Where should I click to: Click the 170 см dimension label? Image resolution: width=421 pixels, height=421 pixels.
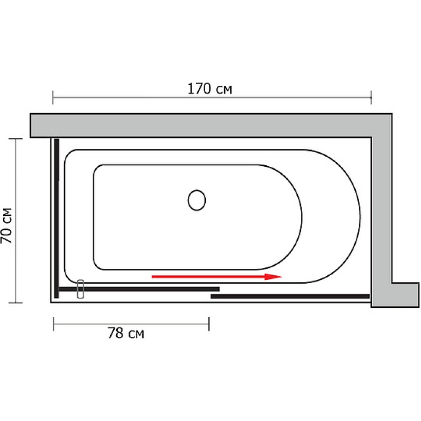pyautogui.click(x=209, y=88)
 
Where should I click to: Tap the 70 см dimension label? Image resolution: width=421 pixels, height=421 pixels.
pyautogui.click(x=6, y=226)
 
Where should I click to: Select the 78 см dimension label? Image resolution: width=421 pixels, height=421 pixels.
pyautogui.click(x=126, y=333)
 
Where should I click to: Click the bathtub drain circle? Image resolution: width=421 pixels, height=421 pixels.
pyautogui.click(x=197, y=200)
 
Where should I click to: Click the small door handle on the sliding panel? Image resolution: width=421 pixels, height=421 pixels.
pyautogui.click(x=81, y=289)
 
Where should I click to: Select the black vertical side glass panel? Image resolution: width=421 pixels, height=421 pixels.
pyautogui.click(x=56, y=218)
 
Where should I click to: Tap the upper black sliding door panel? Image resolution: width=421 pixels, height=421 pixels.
pyautogui.click(x=139, y=289)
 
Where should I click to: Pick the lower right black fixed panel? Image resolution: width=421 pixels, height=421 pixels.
pyautogui.click(x=290, y=296)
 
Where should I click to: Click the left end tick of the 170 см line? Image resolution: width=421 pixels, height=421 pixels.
pyautogui.click(x=53, y=97)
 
